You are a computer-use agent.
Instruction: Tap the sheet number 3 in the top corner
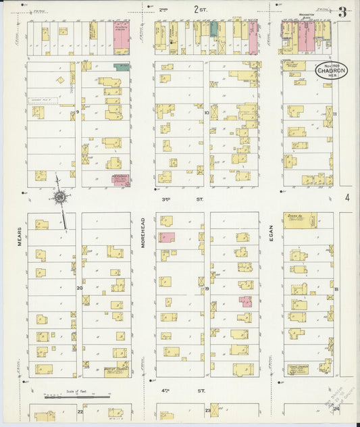(344, 11)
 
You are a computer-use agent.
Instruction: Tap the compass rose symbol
(60, 197)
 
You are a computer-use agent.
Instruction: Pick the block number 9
(78, 111)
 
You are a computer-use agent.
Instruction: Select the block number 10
(206, 114)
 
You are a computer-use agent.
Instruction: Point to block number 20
(79, 288)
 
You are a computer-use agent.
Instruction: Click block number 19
(207, 288)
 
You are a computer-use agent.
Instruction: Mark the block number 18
(336, 288)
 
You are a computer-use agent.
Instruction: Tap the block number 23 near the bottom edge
(207, 410)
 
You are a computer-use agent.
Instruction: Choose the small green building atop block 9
(122, 67)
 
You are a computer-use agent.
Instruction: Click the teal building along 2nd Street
(214, 29)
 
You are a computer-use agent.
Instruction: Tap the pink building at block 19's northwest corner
(166, 236)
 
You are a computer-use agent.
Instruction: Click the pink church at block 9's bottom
(121, 179)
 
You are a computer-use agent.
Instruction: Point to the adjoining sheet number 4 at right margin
(347, 198)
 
